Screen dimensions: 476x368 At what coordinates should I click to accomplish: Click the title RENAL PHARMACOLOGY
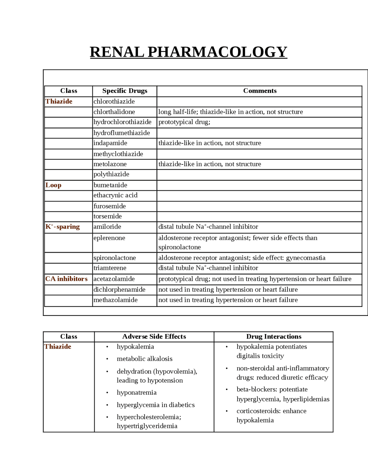(188, 52)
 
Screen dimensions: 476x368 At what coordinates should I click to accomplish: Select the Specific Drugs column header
(125, 91)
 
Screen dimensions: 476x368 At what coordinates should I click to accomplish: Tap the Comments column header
(260, 91)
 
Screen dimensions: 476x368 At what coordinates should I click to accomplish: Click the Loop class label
(53, 185)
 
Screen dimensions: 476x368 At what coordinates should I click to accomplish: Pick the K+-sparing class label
(62, 227)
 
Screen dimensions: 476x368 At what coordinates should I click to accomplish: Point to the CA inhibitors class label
(66, 279)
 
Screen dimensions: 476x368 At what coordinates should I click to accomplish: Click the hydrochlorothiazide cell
(122, 122)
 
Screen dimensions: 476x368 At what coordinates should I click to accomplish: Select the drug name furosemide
(110, 206)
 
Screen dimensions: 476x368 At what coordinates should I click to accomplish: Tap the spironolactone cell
(114, 258)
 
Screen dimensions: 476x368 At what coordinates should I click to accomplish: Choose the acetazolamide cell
(114, 279)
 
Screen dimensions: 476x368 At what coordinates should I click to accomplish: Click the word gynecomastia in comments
(306, 258)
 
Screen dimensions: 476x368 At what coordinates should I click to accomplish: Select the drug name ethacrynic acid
(115, 195)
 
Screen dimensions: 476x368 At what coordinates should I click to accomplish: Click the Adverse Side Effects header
(154, 337)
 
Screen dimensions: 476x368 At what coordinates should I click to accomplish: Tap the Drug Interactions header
(274, 337)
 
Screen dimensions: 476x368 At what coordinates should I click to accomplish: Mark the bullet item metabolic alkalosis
(145, 359)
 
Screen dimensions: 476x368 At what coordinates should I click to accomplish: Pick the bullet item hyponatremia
(137, 393)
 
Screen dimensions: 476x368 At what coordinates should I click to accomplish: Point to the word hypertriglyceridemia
(147, 426)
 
